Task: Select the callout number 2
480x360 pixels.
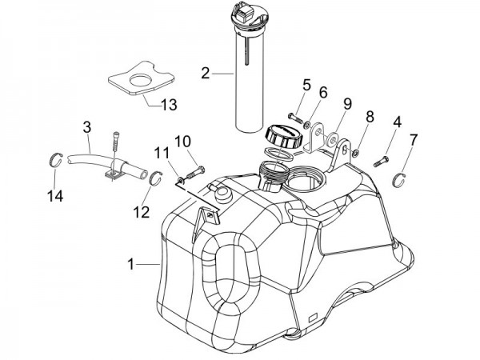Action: (206, 74)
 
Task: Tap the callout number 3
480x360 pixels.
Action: (87, 126)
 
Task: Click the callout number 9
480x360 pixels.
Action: (347, 103)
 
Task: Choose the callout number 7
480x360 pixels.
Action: (413, 141)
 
